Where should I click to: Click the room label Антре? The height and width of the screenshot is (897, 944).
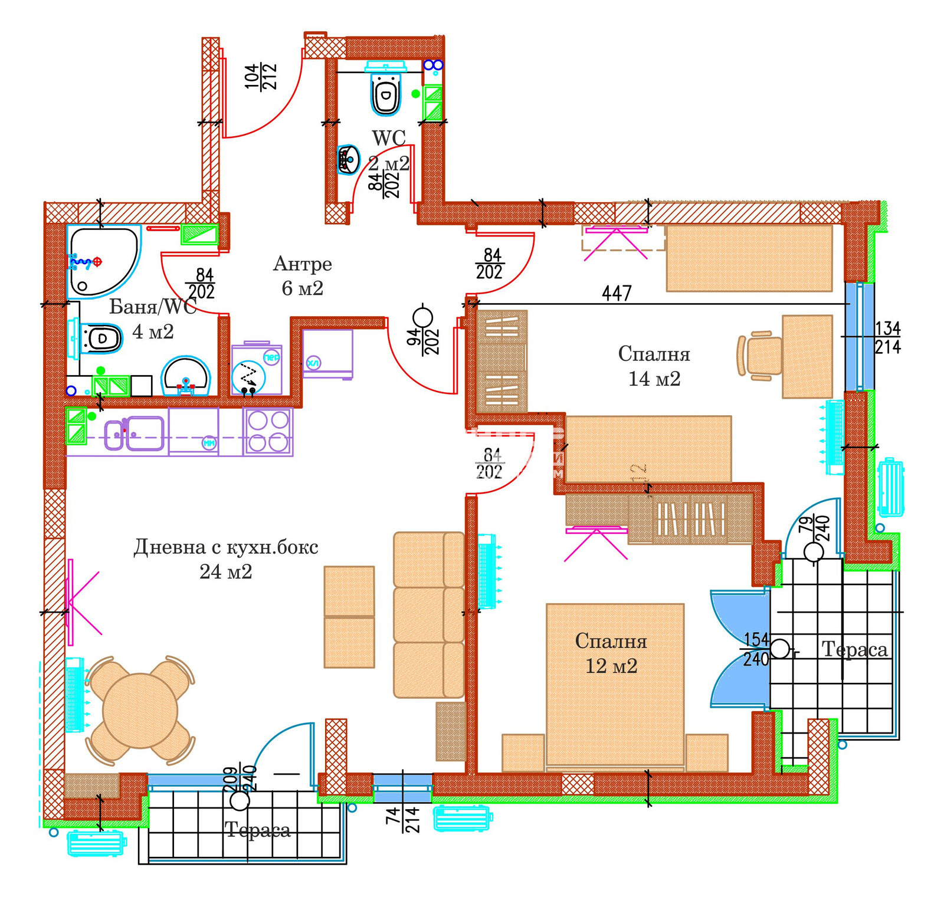point(302,264)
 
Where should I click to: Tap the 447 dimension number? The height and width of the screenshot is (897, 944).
point(617,293)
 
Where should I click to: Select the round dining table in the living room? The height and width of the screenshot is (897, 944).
point(140,710)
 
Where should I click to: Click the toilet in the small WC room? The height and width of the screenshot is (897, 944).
point(386,93)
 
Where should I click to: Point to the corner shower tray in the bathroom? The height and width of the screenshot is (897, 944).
point(101,259)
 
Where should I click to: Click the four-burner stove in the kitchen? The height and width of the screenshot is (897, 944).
point(268,432)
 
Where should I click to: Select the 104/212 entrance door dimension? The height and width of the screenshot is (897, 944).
point(261,77)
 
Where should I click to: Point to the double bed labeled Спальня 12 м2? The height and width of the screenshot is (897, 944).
point(614,684)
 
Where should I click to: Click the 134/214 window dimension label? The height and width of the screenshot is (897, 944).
point(887,337)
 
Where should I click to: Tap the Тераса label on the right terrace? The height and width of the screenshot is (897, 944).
point(854,649)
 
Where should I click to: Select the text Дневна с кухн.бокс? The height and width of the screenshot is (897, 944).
point(226,547)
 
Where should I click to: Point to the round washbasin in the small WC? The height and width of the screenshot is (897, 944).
point(349,159)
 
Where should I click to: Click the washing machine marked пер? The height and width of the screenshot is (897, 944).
point(256,370)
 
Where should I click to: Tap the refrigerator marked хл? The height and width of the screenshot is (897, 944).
point(327,353)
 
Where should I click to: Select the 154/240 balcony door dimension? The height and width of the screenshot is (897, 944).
point(756,649)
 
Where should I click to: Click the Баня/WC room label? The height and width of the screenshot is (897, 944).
point(152,307)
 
